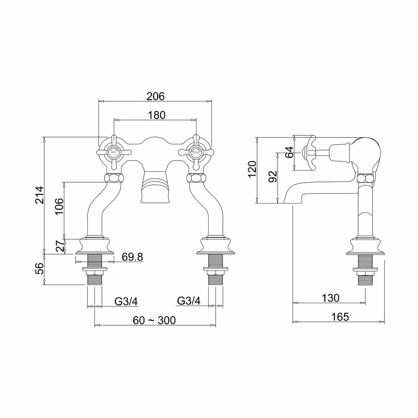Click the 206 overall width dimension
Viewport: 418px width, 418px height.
155,96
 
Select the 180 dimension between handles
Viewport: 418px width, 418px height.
157,115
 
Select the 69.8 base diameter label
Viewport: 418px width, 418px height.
132,257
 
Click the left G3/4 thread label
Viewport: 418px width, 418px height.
126,301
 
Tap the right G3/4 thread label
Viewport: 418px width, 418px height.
189,301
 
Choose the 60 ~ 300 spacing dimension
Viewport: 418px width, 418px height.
154,320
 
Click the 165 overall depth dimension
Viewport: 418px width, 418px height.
340,316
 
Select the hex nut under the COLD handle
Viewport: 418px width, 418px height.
196,177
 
